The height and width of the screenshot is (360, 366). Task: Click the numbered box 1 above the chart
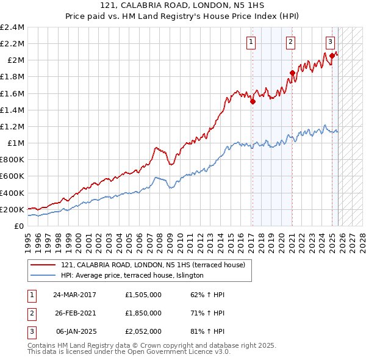(x=251, y=42)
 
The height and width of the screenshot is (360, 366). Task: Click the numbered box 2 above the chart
(x=290, y=42)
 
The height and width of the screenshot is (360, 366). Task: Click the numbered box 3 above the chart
(x=330, y=42)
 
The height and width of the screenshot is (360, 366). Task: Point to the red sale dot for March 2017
(x=253, y=102)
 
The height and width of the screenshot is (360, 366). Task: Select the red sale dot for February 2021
(x=292, y=73)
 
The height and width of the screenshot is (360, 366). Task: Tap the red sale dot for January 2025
(x=332, y=56)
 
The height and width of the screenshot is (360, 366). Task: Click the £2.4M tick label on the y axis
(x=12, y=27)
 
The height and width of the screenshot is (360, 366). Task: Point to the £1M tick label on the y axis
(x=15, y=143)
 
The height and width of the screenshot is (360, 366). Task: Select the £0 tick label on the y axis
(x=20, y=226)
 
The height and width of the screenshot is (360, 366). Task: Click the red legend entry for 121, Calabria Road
(x=153, y=265)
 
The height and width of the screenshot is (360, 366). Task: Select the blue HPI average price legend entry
(x=132, y=276)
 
